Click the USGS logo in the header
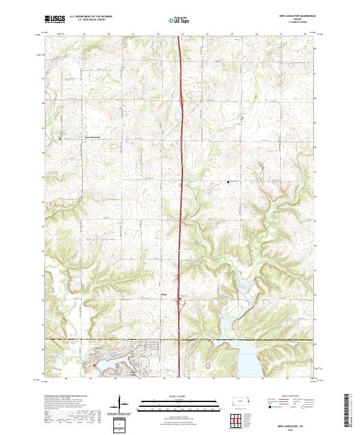[55, 19]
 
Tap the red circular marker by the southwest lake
[94, 364]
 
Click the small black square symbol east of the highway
[228, 181]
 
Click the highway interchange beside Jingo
[180, 300]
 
